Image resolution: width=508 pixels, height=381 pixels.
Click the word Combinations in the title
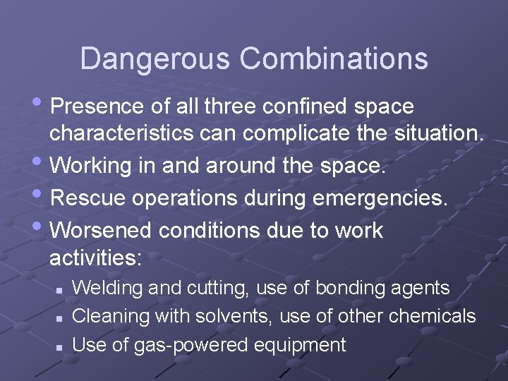334,59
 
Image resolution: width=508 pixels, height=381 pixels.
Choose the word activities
95,258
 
